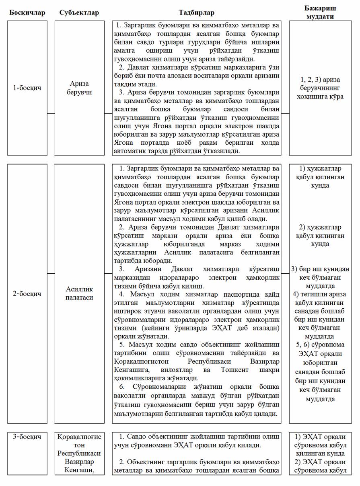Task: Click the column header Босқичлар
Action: (27, 12)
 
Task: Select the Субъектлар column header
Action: (79, 12)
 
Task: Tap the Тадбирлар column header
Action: (197, 12)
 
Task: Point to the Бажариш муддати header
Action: (320, 12)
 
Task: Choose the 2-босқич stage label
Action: (27, 293)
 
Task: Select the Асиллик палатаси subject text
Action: (79, 293)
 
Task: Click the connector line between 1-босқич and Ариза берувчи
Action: (51, 114)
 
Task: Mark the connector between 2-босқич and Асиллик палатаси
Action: (51, 274)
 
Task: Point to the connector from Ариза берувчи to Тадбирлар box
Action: (108, 114)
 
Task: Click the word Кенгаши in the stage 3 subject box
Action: (79, 469)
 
